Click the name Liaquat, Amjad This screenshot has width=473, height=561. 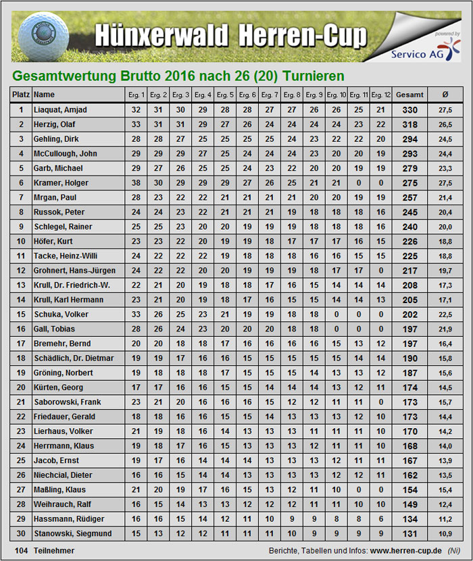[60, 110]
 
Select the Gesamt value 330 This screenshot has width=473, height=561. [409, 110]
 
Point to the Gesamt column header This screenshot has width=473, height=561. [409, 95]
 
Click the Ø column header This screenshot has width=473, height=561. [445, 95]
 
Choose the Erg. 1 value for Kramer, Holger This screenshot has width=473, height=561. [136, 183]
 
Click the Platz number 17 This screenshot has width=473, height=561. [21, 344]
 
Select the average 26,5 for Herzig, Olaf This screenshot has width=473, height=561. [445, 125]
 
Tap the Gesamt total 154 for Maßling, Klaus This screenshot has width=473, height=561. [409, 490]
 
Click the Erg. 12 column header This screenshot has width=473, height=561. [380, 95]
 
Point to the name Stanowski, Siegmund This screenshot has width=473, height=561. [69, 534]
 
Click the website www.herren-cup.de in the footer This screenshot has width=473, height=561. [405, 551]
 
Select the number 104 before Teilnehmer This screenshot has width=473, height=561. [21, 551]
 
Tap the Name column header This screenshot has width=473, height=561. [44, 95]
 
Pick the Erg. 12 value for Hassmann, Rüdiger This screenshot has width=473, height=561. [380, 519]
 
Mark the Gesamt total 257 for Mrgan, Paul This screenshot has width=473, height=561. [409, 198]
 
